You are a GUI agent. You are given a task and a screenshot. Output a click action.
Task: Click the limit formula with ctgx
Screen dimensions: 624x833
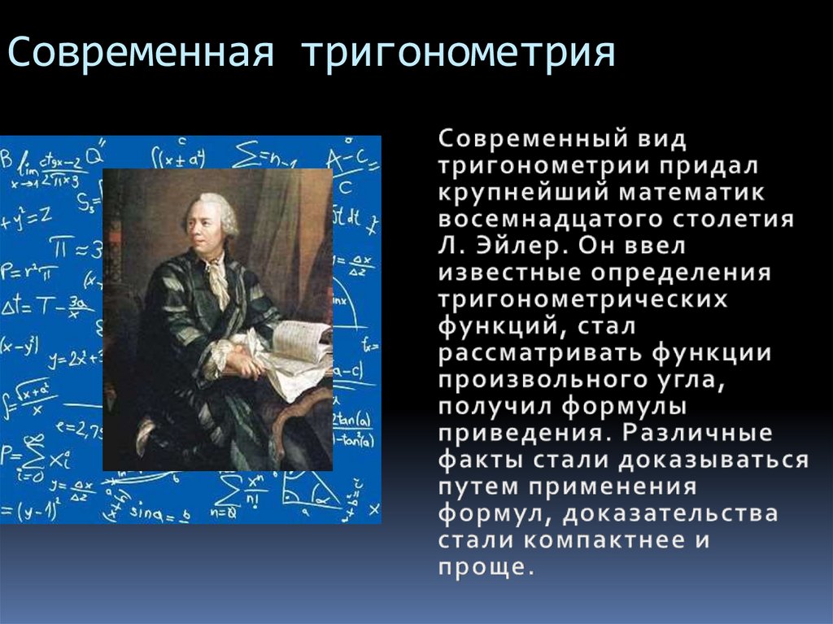tap(49, 169)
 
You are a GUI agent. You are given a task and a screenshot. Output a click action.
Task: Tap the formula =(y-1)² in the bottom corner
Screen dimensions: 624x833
tap(28, 513)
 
